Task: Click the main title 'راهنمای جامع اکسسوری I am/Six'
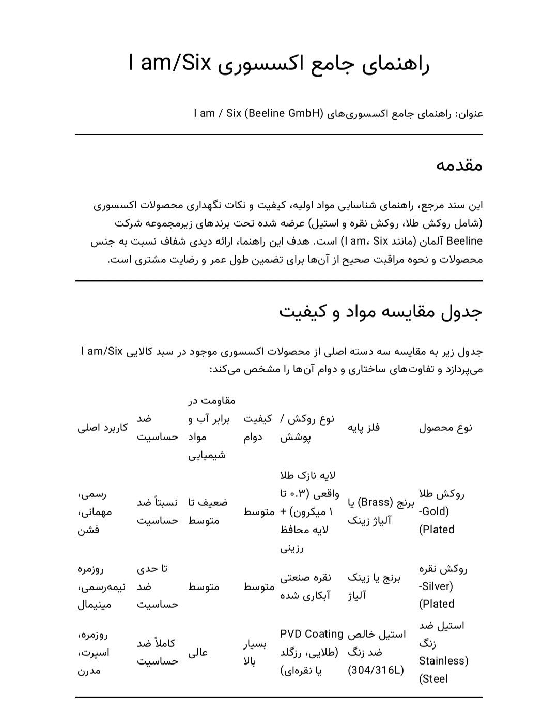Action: tap(279, 64)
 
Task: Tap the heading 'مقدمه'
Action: tap(459, 165)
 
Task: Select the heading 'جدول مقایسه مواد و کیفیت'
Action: tap(381, 312)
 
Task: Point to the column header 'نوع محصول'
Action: tap(445, 428)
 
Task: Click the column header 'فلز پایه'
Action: tap(364, 428)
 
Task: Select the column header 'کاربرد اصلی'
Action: tap(103, 428)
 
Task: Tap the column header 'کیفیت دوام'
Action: tap(257, 428)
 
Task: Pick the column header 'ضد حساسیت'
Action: tap(158, 428)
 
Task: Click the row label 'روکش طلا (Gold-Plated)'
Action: tap(441, 511)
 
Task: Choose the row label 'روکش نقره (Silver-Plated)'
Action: tap(443, 586)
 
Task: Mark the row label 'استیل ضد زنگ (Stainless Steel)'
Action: tap(443, 652)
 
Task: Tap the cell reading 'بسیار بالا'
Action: tap(255, 653)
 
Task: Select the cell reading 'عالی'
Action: tap(198, 653)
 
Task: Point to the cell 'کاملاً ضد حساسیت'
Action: tap(158, 652)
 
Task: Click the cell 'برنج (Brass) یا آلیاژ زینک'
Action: tap(380, 511)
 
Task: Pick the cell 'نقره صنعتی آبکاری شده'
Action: tap(305, 586)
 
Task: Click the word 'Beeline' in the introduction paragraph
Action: tap(464, 241)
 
